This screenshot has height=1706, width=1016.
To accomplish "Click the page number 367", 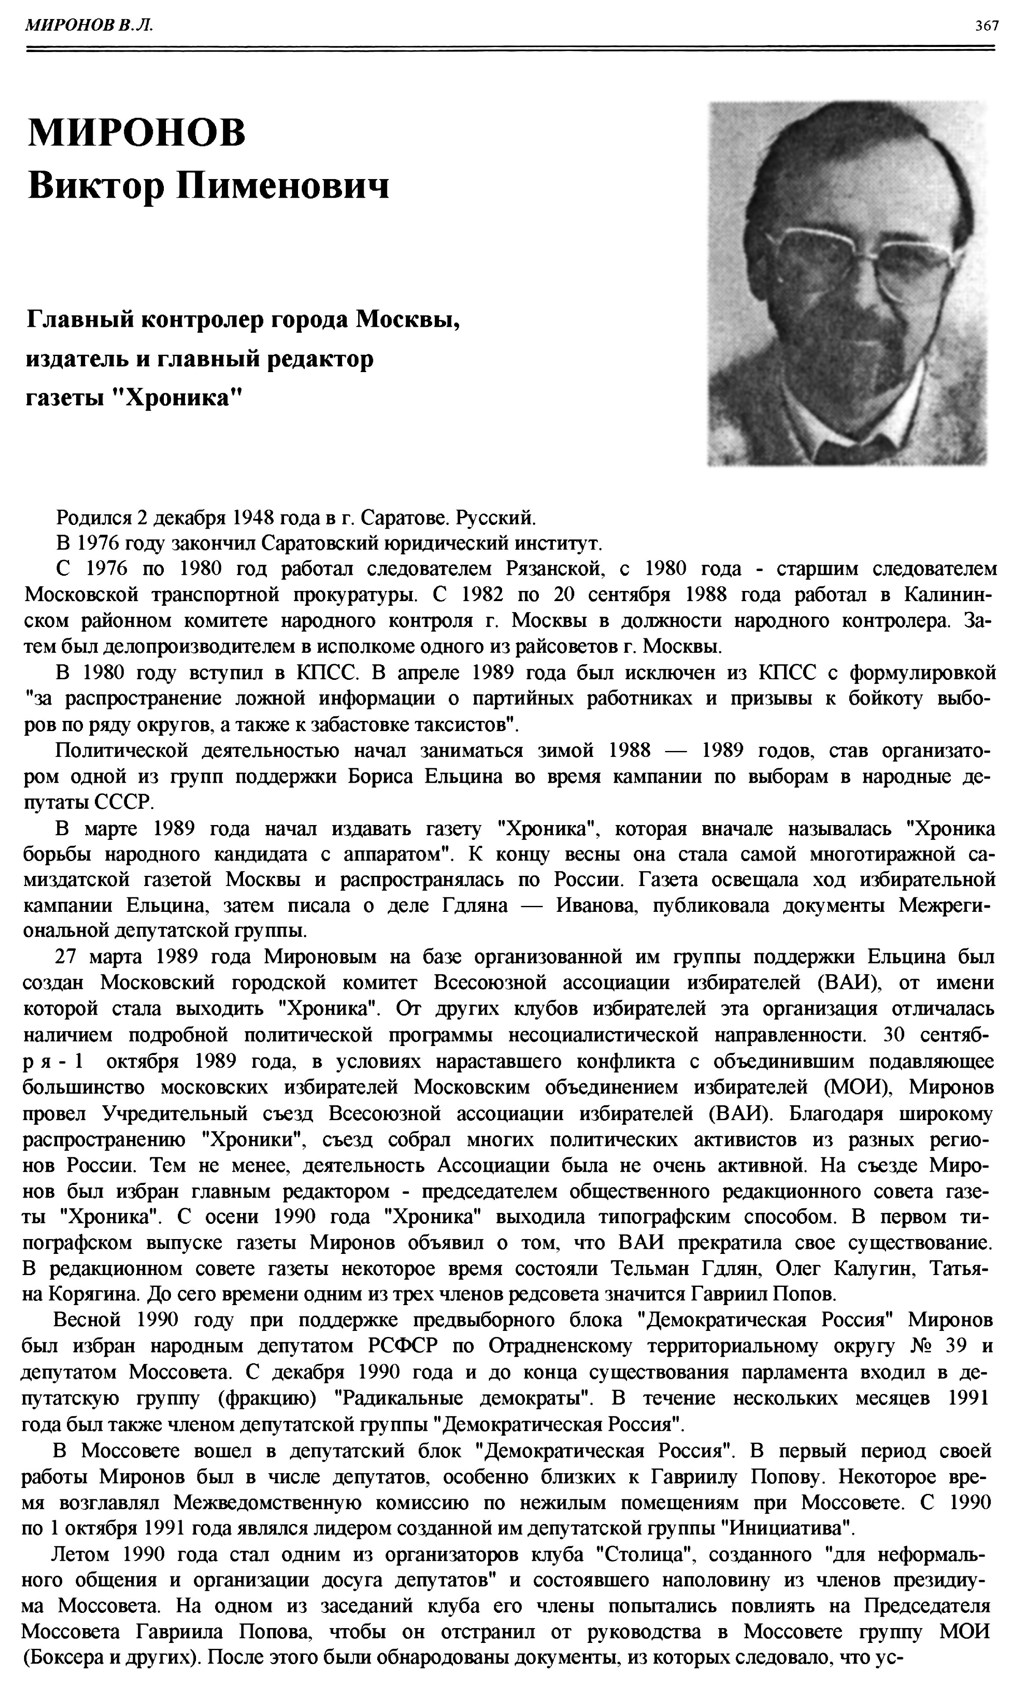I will (x=986, y=26).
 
